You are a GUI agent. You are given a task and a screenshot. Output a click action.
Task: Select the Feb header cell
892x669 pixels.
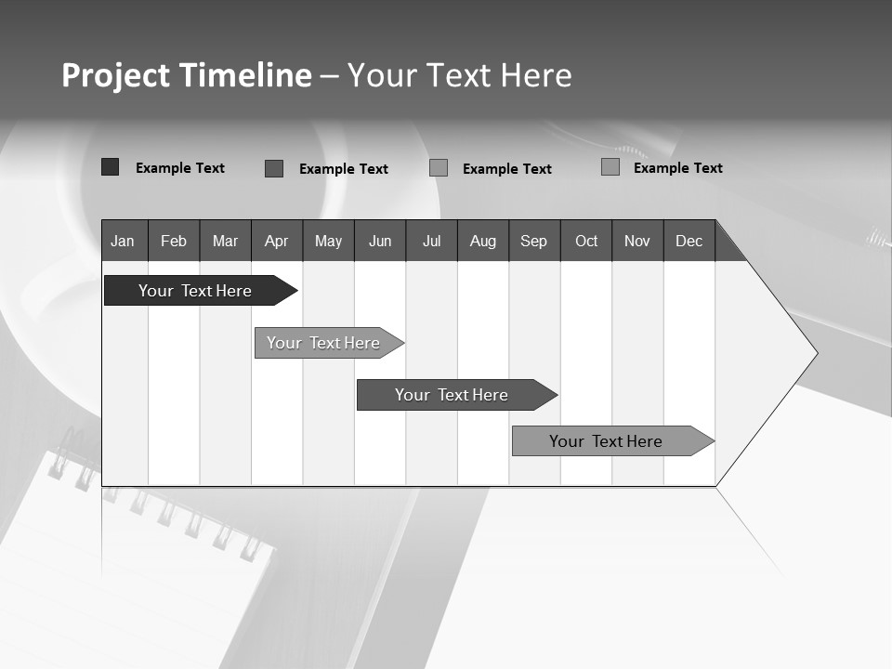tap(174, 241)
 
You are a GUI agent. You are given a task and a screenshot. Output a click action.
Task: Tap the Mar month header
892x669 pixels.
tap(225, 241)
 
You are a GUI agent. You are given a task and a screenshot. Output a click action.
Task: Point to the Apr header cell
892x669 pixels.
tap(277, 241)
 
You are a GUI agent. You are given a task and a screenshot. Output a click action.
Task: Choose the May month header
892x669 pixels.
tap(328, 241)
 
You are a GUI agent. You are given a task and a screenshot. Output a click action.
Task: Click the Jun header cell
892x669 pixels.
tap(380, 241)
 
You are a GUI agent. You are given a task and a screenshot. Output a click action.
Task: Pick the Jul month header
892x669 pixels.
tap(431, 241)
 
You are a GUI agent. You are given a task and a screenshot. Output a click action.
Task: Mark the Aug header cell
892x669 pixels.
tap(483, 241)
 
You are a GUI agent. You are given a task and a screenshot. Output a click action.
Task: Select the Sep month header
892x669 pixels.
tap(534, 241)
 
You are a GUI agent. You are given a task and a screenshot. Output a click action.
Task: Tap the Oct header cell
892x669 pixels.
tap(586, 241)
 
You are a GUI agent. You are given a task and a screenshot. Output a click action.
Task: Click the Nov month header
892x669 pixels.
tap(637, 241)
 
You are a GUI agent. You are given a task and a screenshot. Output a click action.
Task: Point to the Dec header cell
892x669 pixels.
tap(689, 241)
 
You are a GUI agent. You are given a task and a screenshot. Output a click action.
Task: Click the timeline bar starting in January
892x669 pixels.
tap(196, 291)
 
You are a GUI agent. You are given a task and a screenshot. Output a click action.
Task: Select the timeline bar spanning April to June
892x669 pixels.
tap(324, 343)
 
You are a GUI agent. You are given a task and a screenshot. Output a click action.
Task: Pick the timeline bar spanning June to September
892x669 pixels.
tap(453, 395)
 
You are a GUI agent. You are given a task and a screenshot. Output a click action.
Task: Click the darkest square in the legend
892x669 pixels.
tap(110, 167)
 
